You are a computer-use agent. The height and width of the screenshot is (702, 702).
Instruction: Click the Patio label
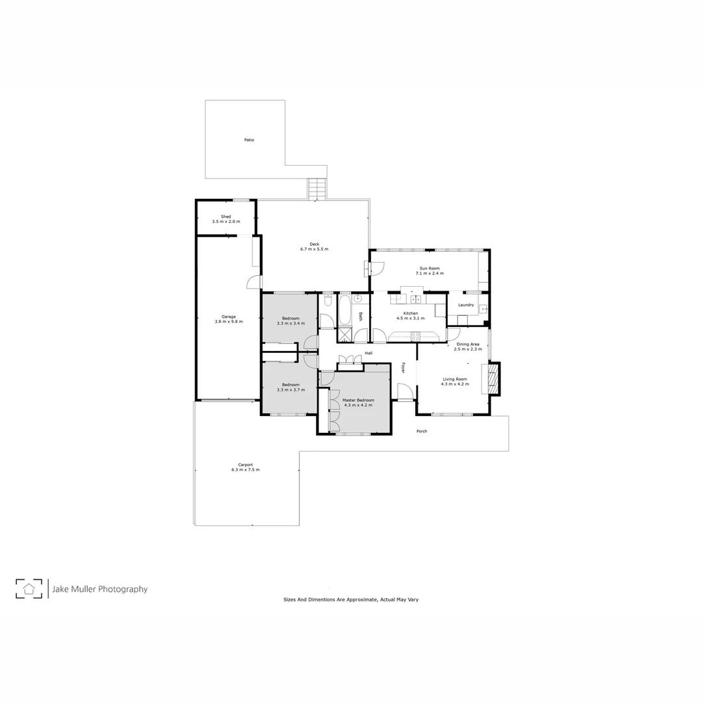point(249,140)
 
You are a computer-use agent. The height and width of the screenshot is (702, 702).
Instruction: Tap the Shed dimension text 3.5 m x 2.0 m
point(226,222)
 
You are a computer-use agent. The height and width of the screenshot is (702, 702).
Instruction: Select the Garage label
point(228,317)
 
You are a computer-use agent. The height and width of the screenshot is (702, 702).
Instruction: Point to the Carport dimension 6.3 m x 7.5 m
point(245,469)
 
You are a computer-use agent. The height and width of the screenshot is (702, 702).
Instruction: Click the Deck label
point(314,244)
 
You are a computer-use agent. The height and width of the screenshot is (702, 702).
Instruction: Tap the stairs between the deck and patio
point(316,190)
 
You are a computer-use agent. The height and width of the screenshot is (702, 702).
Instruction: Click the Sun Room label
point(430,268)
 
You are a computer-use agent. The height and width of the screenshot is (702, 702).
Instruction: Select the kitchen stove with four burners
point(415,336)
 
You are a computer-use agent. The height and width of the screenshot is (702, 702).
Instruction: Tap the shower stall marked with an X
point(344,335)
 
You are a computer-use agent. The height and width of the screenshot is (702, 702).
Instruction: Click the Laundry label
point(466,305)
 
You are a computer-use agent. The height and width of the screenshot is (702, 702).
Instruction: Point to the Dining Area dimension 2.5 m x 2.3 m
point(468,349)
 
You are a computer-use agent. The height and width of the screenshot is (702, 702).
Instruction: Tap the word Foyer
point(403,367)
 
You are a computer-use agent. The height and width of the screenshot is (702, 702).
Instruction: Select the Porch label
point(422,431)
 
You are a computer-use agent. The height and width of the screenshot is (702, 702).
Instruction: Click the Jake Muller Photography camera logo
point(29,589)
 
